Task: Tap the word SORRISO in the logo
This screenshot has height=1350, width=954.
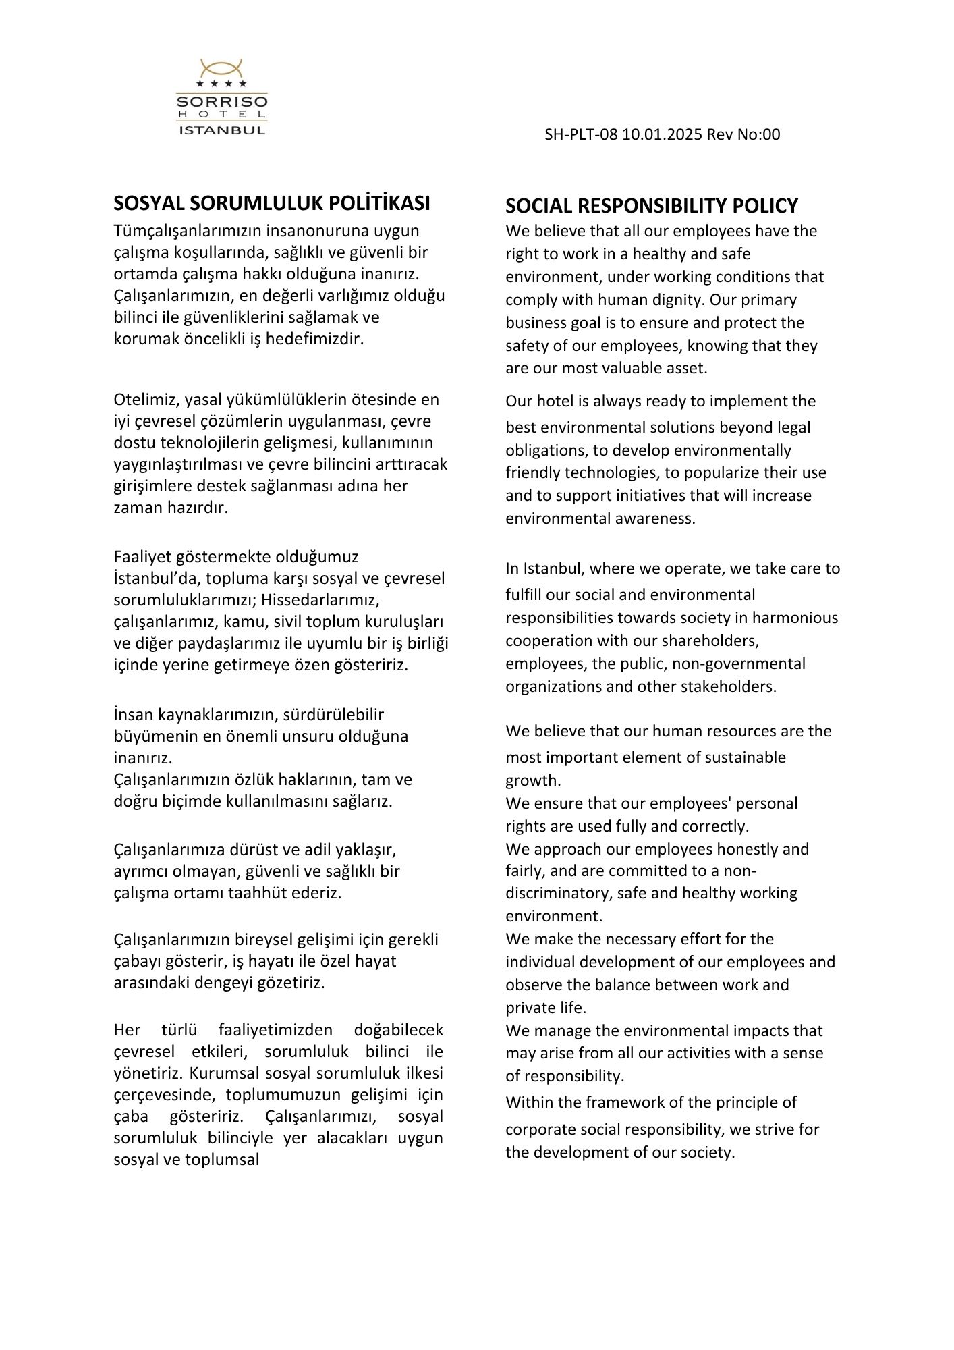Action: [x=221, y=103]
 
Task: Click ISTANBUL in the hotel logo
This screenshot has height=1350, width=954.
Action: [x=221, y=130]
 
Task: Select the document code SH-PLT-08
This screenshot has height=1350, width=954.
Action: [x=581, y=134]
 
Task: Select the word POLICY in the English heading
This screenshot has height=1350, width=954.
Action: [x=765, y=205]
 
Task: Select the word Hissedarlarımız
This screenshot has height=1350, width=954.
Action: [x=321, y=599]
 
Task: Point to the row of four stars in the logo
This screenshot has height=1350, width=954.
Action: [x=221, y=84]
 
